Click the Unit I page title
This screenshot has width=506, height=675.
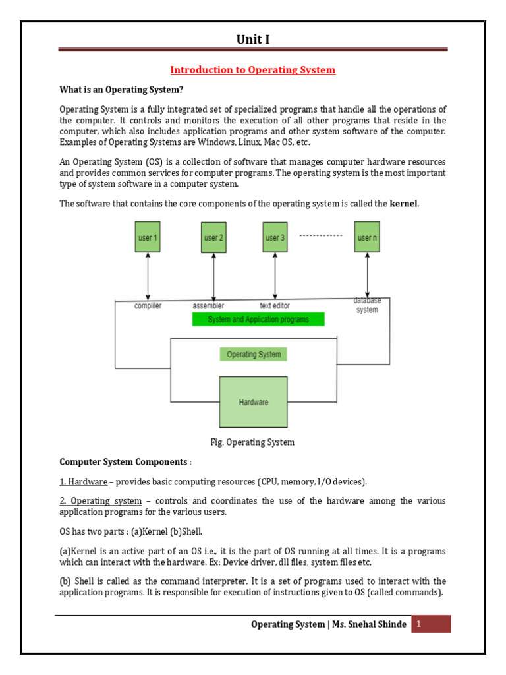coord(253,40)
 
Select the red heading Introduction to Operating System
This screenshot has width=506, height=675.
coord(253,70)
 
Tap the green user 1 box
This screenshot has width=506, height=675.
coord(148,237)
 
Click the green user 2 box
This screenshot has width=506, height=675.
coord(213,237)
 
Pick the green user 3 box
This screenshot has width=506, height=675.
coord(275,237)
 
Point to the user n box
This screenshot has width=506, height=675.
coord(367,237)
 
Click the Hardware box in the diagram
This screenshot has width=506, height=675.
coord(253,402)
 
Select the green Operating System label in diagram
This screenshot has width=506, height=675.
coord(254,354)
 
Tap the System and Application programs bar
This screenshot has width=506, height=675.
coord(258,320)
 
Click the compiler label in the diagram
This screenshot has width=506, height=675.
coord(148,306)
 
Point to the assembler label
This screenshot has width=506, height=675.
coord(208,306)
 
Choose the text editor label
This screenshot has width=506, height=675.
coord(275,306)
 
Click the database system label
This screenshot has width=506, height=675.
coord(367,305)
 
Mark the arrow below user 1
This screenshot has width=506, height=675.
coord(148,277)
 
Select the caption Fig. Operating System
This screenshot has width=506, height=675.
coord(253,442)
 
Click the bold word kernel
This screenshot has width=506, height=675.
coord(404,204)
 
